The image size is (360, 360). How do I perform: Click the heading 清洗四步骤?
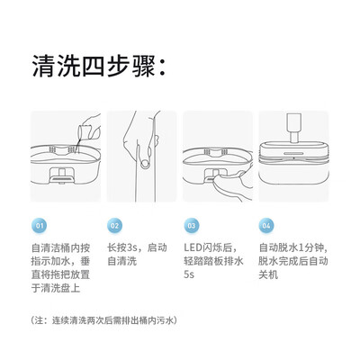(x=98, y=66)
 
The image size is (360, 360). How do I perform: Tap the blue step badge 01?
(x=40, y=226)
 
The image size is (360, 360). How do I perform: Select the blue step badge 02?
(x=115, y=226)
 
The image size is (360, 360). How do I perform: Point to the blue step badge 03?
(x=192, y=226)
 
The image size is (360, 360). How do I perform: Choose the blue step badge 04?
(x=266, y=226)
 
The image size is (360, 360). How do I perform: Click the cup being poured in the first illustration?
(x=85, y=133)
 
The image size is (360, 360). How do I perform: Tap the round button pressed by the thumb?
(x=146, y=164)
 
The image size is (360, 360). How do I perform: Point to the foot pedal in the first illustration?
(x=61, y=178)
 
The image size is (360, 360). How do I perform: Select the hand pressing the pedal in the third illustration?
(x=231, y=186)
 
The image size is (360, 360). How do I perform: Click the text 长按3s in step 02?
(x=122, y=247)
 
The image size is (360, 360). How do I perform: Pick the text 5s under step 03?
(x=189, y=274)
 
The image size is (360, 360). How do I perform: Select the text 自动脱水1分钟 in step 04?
(x=292, y=247)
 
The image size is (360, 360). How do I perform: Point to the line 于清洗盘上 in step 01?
(x=56, y=288)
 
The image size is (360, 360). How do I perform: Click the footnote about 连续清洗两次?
(x=103, y=320)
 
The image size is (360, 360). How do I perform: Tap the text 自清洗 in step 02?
(x=122, y=261)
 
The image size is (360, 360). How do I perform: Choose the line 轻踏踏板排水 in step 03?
(x=213, y=261)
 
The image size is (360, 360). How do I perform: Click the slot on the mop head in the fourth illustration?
(x=293, y=153)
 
